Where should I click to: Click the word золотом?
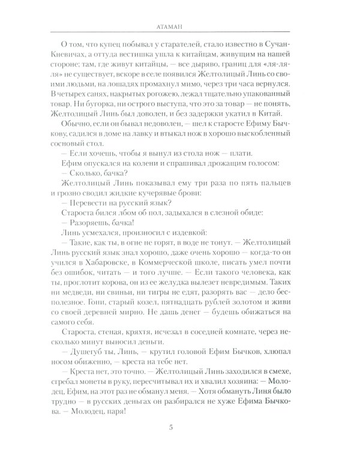251,340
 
